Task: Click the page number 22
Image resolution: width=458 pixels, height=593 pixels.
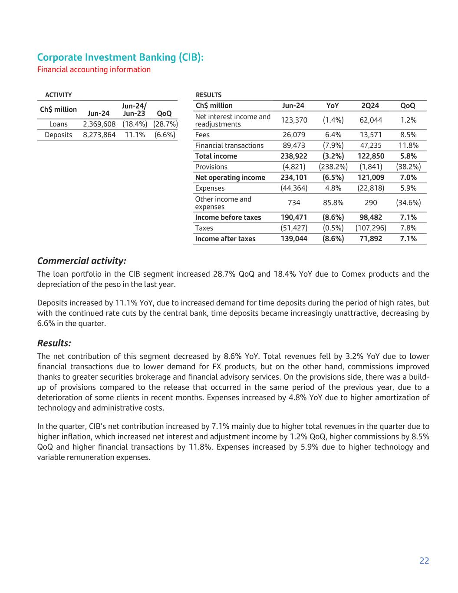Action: tap(424, 561)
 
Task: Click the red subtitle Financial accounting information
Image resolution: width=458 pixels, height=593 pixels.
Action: tap(94, 70)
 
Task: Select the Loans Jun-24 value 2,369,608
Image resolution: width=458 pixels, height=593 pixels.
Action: tap(99, 124)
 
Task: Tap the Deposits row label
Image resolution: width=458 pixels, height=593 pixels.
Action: tap(58, 135)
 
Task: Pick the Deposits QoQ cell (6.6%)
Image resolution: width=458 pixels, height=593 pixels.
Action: tap(165, 135)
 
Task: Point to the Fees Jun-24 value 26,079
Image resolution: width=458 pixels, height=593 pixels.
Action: tap(294, 135)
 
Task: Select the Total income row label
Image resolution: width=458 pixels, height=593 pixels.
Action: tap(216, 156)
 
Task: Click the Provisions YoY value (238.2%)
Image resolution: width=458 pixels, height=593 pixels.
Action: tap(333, 167)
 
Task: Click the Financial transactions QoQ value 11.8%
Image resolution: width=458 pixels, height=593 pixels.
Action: tap(408, 146)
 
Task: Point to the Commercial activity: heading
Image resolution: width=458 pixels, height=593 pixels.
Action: tap(82, 261)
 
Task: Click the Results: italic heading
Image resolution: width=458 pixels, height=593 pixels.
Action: tap(54, 343)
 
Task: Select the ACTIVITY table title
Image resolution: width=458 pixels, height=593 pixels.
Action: tap(59, 95)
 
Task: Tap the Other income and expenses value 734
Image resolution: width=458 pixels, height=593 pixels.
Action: tap(294, 203)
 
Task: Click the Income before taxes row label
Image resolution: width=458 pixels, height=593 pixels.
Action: tap(228, 217)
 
